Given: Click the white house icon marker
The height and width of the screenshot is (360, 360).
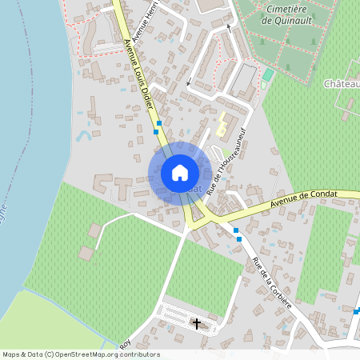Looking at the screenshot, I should tap(180, 173).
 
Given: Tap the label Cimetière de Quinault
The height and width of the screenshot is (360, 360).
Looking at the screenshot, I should tap(287, 16).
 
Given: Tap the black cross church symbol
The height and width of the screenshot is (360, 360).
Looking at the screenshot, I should tap(197, 323).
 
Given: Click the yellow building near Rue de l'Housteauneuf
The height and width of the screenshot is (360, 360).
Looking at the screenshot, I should tap(220, 126).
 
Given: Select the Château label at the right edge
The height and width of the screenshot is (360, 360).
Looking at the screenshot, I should tap(342, 84).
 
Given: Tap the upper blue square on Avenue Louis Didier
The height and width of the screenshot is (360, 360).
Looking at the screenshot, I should tap(158, 123).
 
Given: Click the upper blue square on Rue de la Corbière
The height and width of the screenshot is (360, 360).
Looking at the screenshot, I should tap(236, 230).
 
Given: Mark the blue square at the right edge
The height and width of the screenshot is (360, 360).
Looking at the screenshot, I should tap(358, 310).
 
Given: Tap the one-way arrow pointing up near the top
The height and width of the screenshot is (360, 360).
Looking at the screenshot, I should tap(229, 28).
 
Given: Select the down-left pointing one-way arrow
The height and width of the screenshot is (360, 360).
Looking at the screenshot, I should tap(189, 82).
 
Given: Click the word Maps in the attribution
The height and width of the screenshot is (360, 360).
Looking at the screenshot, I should tap(11, 354).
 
